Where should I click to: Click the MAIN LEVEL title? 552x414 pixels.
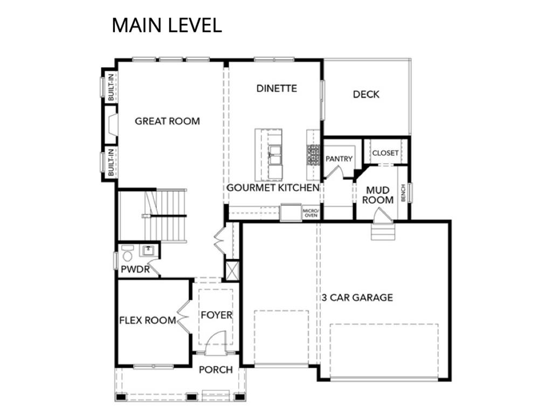click(167, 25)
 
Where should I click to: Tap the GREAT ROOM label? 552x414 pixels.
click(167, 121)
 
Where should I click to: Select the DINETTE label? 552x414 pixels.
click(277, 88)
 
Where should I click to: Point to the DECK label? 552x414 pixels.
click(366, 94)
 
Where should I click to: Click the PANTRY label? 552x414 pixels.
click(339, 159)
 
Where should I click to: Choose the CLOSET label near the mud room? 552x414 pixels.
click(385, 153)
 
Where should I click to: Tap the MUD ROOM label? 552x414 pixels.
click(378, 195)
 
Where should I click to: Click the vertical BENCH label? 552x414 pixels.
click(403, 194)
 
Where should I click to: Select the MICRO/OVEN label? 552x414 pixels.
click(310, 212)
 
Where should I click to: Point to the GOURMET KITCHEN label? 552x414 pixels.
click(273, 188)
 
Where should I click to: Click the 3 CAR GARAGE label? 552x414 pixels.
click(357, 298)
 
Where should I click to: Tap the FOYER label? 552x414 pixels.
click(217, 315)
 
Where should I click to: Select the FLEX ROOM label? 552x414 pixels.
click(148, 320)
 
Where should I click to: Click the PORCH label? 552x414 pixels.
click(216, 370)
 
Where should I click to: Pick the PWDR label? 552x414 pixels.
click(135, 270)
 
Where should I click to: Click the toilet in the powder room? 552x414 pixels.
click(127, 252)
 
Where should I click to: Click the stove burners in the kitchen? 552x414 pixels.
click(313, 155)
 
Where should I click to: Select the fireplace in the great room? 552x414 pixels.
click(111, 125)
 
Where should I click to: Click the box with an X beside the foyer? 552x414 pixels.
click(232, 271)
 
